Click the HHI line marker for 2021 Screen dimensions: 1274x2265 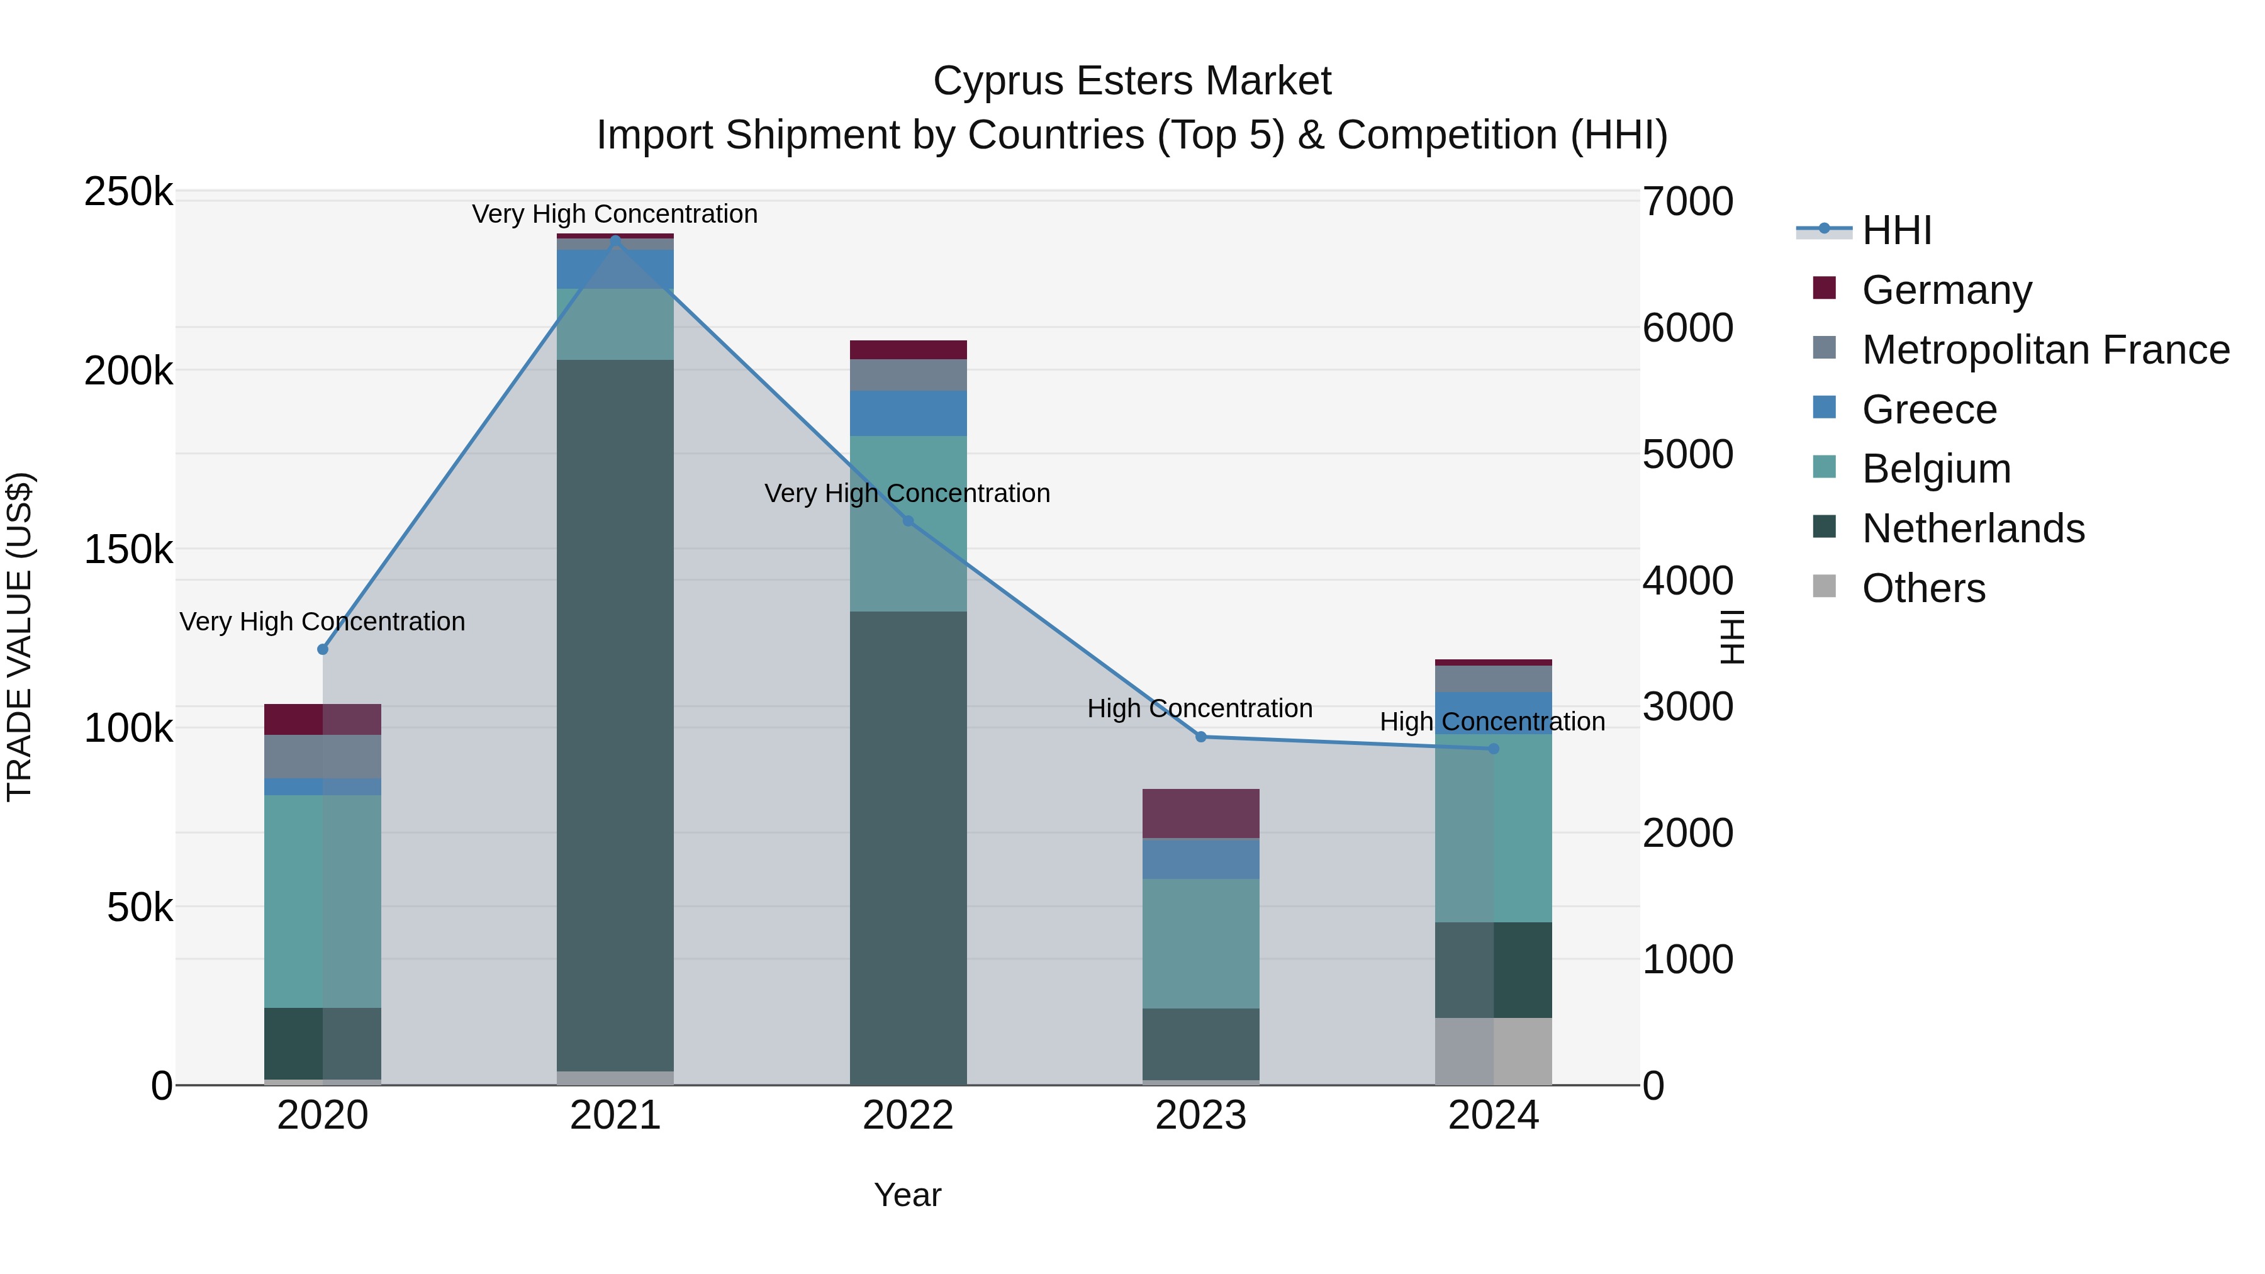(615, 238)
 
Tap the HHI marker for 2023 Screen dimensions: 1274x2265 (1201, 737)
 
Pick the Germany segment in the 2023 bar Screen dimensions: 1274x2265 (1201, 813)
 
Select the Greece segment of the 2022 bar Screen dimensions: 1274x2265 (909, 413)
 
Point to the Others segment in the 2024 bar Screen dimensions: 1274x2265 (1493, 1051)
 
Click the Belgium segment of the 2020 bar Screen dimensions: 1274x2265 (323, 901)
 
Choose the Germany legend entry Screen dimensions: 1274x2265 (1946, 290)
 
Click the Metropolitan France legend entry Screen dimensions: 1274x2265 (2045, 350)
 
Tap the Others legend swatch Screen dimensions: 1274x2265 (1825, 586)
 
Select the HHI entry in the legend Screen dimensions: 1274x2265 (1896, 230)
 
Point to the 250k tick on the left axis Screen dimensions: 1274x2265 (128, 192)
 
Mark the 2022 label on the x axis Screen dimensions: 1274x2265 (909, 1115)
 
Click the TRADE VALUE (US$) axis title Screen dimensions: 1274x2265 (20, 637)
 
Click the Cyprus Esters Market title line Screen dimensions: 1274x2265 (1132, 81)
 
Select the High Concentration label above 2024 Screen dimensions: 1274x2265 (1492, 722)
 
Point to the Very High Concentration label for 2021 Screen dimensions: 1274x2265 (615, 214)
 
